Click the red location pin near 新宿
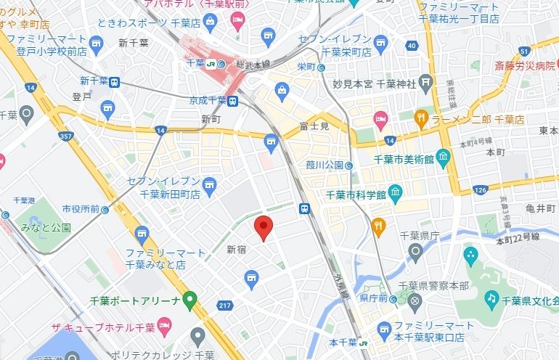click(x=264, y=228)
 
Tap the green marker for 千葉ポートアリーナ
click(x=190, y=298)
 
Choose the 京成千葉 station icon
click(x=233, y=100)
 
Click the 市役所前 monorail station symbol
click(x=105, y=209)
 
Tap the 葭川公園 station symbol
click(x=349, y=165)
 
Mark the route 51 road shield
click(x=523, y=49)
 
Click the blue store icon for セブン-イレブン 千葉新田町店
click(x=210, y=184)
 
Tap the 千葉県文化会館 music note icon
click(x=491, y=298)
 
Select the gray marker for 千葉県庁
click(x=415, y=251)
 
